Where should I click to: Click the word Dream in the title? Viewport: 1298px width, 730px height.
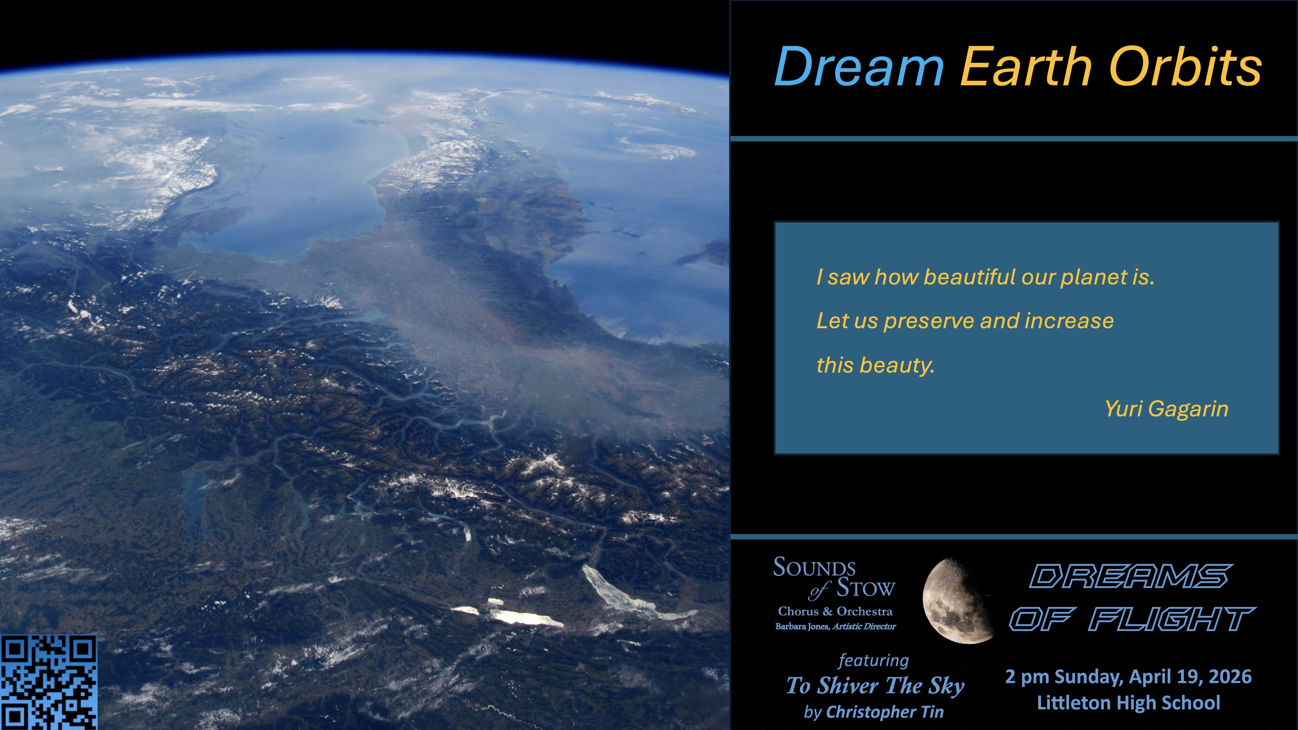coord(858,67)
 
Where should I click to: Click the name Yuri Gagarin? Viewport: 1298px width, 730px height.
coord(1166,409)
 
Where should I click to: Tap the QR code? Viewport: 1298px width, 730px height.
coord(48,682)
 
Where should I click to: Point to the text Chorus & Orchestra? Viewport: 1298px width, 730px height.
coord(835,611)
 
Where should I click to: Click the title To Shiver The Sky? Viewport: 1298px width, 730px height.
coord(875,686)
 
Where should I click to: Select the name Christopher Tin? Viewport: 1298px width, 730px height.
coord(885,712)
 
